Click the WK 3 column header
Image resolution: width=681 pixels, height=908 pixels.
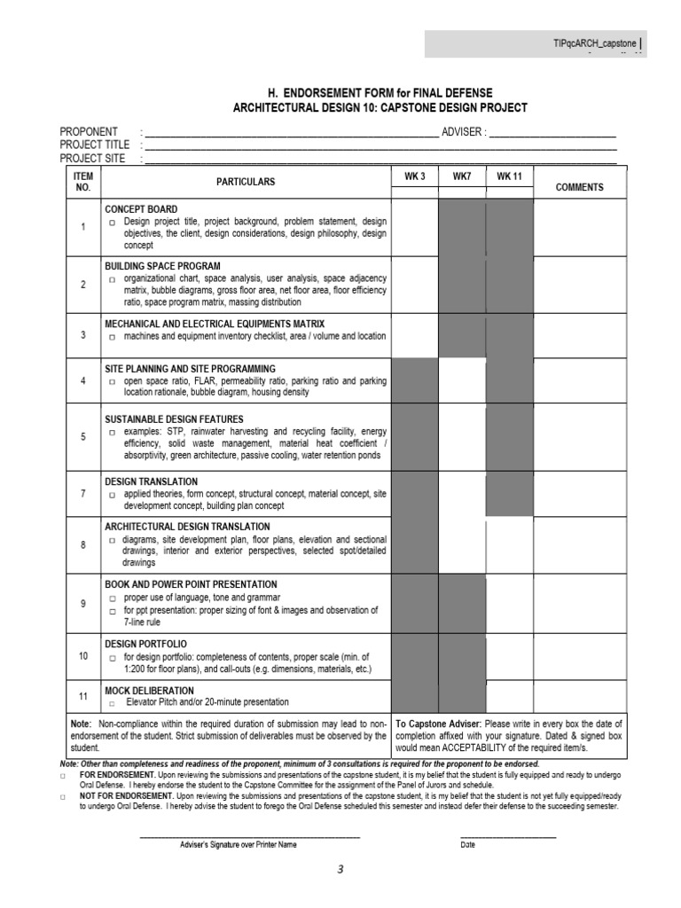click(x=414, y=176)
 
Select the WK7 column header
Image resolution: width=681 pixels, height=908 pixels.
click(x=462, y=176)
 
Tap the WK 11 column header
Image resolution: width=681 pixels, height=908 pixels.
click(x=509, y=176)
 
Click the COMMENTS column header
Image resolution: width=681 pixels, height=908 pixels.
click(x=579, y=187)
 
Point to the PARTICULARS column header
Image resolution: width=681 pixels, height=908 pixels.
click(x=246, y=182)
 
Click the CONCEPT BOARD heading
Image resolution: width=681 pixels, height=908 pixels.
click(x=141, y=209)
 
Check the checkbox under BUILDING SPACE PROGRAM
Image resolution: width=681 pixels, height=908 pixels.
click(x=113, y=279)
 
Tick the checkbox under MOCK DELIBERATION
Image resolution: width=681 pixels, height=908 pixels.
click(x=113, y=703)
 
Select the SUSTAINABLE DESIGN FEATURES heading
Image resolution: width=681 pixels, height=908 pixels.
click(x=175, y=419)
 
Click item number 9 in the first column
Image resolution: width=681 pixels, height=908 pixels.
click(x=83, y=604)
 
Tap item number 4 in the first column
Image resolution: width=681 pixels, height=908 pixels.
click(x=83, y=380)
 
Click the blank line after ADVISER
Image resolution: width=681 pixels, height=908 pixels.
click(x=552, y=134)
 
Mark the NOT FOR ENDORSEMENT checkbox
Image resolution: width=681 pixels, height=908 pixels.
click(x=64, y=796)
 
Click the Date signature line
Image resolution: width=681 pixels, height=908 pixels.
click(x=508, y=836)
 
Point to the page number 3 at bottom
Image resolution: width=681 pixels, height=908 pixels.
click(x=340, y=870)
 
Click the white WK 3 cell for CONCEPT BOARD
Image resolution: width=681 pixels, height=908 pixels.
click(x=414, y=228)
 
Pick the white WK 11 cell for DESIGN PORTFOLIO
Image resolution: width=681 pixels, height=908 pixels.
click(x=509, y=657)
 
